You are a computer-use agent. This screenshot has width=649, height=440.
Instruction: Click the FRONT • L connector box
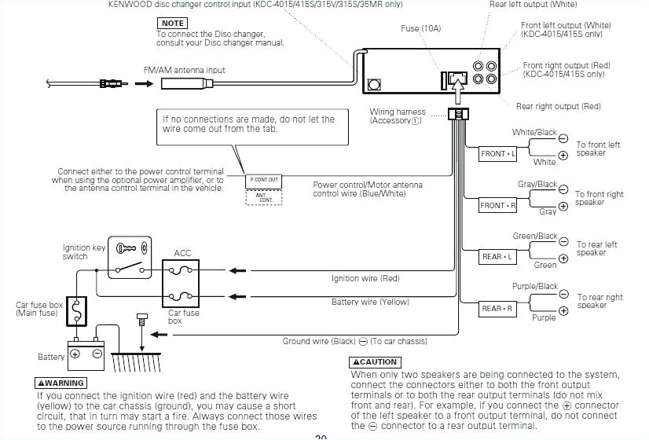498,154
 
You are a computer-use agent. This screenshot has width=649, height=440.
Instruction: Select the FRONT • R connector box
498,206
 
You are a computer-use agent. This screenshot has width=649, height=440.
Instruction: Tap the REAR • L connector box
497,257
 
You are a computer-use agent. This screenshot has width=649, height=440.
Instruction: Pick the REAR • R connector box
497,309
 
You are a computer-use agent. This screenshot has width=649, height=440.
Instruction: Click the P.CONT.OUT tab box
264,180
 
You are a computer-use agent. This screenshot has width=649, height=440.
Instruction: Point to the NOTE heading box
172,24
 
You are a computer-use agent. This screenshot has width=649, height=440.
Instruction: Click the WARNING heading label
60,383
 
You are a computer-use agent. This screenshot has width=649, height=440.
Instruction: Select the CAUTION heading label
375,362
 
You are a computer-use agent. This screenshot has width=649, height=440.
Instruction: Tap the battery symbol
86,350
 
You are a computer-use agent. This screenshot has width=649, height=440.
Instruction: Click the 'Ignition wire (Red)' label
365,278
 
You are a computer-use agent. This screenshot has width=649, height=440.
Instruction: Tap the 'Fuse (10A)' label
421,29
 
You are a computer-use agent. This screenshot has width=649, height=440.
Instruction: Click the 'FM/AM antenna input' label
184,70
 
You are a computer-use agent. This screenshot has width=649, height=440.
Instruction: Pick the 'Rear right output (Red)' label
558,106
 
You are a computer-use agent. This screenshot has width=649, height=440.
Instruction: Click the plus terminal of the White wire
563,156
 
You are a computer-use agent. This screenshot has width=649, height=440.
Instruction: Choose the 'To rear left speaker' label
597,249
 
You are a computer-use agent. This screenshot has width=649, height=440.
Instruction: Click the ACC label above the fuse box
182,253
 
